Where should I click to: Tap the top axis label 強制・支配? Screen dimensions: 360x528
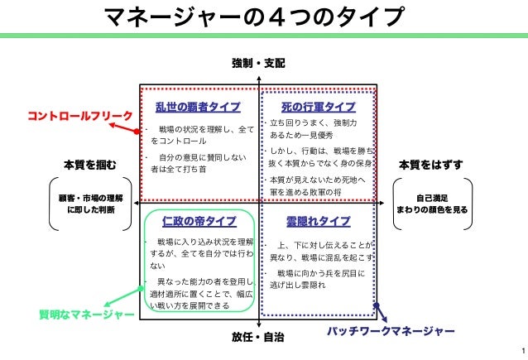pos(258,63)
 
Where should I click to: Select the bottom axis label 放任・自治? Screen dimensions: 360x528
pos(258,338)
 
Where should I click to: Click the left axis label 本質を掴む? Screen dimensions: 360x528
pos(84,164)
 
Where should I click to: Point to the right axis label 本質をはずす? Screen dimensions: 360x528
pos(431,164)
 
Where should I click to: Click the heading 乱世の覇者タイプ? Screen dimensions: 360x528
pos(198,107)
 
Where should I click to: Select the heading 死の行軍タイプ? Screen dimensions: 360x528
pos(319,107)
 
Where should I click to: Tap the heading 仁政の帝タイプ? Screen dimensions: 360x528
pos(199,222)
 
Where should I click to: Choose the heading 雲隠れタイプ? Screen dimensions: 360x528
pos(318,222)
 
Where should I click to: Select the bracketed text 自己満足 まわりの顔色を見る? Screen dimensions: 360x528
pos(430,204)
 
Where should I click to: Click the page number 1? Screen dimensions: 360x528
pos(513,348)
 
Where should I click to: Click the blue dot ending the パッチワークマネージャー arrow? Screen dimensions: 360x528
pos(377,305)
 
